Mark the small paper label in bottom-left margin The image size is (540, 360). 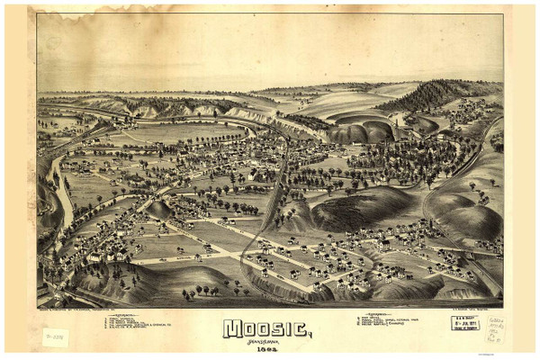[54, 337]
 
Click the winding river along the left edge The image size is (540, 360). [63, 193]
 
